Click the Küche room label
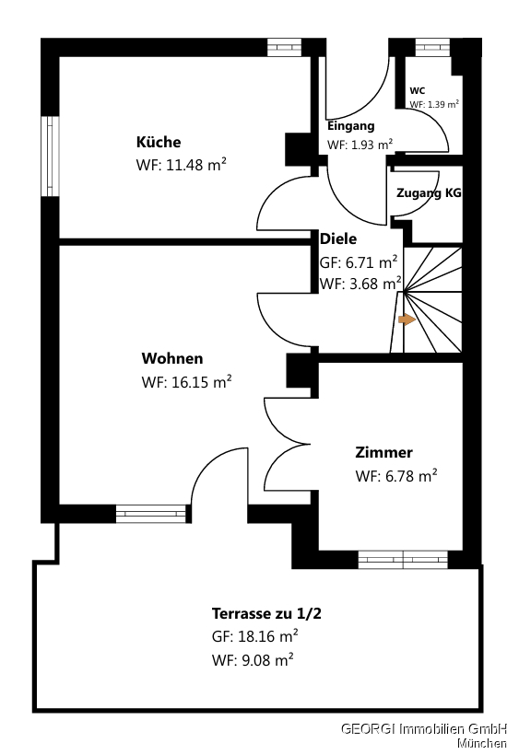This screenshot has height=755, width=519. (x=159, y=142)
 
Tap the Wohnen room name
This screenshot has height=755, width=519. (x=172, y=358)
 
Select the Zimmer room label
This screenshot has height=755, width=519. (x=383, y=452)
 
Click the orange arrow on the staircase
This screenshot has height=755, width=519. (x=407, y=319)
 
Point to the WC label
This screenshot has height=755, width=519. (x=418, y=90)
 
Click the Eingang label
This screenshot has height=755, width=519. (x=351, y=126)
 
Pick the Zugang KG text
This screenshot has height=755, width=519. (x=429, y=192)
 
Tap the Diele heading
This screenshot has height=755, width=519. (x=338, y=238)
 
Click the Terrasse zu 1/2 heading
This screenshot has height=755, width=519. (x=266, y=613)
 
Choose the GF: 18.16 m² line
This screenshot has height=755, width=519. (x=255, y=636)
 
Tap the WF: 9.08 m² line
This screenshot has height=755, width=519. (x=253, y=659)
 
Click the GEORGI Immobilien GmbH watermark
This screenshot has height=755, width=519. (x=424, y=728)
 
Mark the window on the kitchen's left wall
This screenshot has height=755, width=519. (x=50, y=156)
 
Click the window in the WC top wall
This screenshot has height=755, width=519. (x=432, y=47)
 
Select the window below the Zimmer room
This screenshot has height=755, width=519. (x=403, y=559)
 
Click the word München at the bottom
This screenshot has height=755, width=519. (x=482, y=743)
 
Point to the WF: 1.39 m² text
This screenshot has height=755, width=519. (x=434, y=104)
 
